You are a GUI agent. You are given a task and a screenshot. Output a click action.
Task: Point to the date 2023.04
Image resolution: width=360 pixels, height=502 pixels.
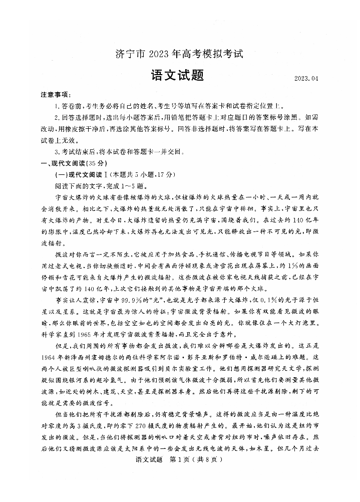click(306, 79)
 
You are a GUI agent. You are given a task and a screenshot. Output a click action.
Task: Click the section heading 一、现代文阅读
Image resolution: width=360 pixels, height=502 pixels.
click(63, 164)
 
